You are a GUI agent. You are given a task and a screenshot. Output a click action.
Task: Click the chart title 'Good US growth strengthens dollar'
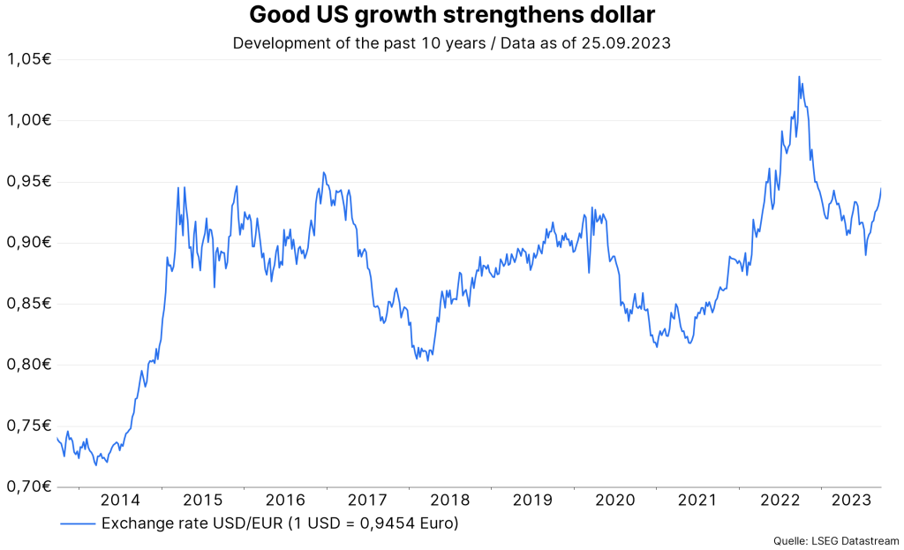click(452, 15)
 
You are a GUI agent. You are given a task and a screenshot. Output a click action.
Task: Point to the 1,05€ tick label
click(28, 59)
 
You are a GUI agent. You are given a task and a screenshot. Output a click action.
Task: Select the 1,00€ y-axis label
click(28, 120)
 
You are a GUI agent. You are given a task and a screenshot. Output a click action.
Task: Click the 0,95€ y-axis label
click(28, 181)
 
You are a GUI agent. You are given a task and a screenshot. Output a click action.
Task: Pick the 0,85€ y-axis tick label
click(28, 304)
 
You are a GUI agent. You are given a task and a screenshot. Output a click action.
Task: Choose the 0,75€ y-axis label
click(28, 426)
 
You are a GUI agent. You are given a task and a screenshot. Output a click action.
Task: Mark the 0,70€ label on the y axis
click(28, 486)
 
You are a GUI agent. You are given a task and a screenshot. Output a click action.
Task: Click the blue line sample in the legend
click(78, 524)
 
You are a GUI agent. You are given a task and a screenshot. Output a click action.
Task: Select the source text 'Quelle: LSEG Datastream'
click(836, 540)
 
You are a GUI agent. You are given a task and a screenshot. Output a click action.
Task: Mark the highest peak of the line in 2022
click(799, 77)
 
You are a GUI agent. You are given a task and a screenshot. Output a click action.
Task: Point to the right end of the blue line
click(881, 188)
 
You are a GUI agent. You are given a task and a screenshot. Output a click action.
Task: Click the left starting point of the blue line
click(56, 438)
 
